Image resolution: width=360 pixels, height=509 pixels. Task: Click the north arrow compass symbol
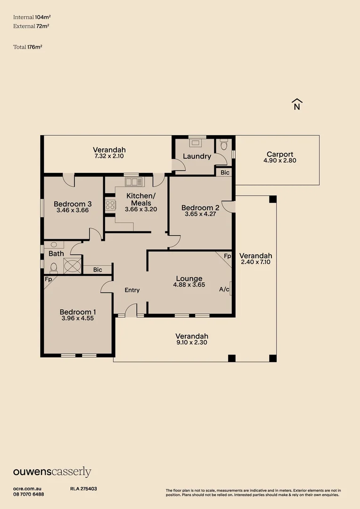click(x=297, y=104)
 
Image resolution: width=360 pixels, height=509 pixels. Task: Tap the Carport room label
click(x=280, y=154)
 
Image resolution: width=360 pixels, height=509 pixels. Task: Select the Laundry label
click(x=196, y=156)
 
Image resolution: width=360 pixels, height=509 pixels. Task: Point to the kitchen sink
click(x=133, y=181)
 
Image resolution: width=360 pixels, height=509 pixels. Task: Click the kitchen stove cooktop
click(x=110, y=205)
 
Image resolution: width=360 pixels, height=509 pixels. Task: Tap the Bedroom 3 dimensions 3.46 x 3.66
click(x=73, y=210)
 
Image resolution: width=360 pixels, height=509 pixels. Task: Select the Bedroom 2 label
click(x=200, y=207)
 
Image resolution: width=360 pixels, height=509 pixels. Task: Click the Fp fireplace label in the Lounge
click(x=227, y=256)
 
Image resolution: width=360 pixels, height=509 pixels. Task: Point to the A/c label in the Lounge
click(x=224, y=289)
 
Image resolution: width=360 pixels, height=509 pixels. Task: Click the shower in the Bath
click(x=73, y=266)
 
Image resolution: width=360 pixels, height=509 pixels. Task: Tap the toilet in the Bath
click(x=53, y=268)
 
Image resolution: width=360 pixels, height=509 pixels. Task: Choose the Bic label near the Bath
click(x=98, y=270)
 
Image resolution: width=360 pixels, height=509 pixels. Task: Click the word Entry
click(x=132, y=290)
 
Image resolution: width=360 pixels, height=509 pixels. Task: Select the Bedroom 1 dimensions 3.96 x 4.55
click(x=78, y=318)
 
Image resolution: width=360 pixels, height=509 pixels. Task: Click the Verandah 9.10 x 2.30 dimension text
click(x=192, y=343)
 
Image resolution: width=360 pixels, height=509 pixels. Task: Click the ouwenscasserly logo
click(x=52, y=472)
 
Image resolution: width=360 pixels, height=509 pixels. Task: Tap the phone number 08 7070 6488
click(x=29, y=494)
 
